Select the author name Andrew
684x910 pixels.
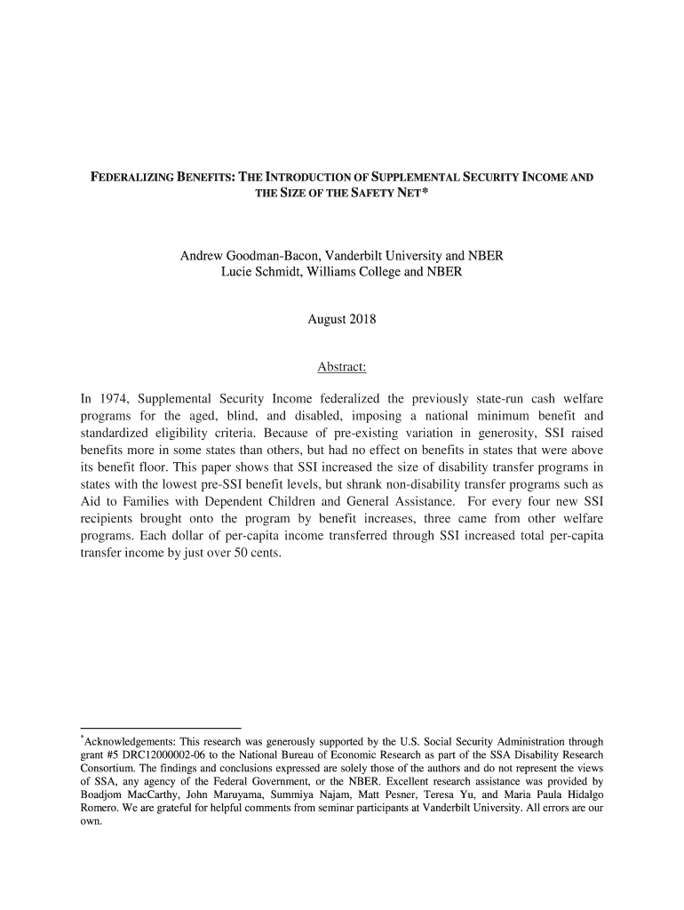coord(204,256)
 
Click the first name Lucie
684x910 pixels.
coord(237,273)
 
